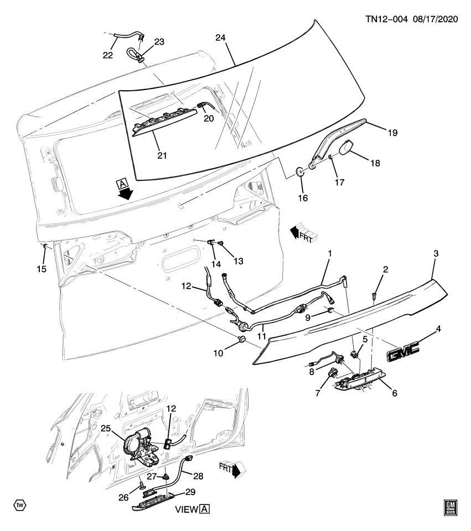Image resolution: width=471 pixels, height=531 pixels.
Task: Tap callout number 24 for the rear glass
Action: [220, 38]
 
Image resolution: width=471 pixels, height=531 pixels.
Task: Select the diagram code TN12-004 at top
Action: [386, 18]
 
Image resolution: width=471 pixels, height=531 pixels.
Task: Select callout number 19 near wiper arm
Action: [392, 133]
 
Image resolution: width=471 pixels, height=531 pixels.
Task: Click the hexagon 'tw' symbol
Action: [19, 505]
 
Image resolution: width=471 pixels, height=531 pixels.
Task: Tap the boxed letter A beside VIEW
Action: [205, 509]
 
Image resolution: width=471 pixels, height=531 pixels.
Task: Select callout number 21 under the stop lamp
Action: [162, 156]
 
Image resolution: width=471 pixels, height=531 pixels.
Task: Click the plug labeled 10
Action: [241, 338]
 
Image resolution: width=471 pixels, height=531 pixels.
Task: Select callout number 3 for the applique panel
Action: [436, 253]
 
